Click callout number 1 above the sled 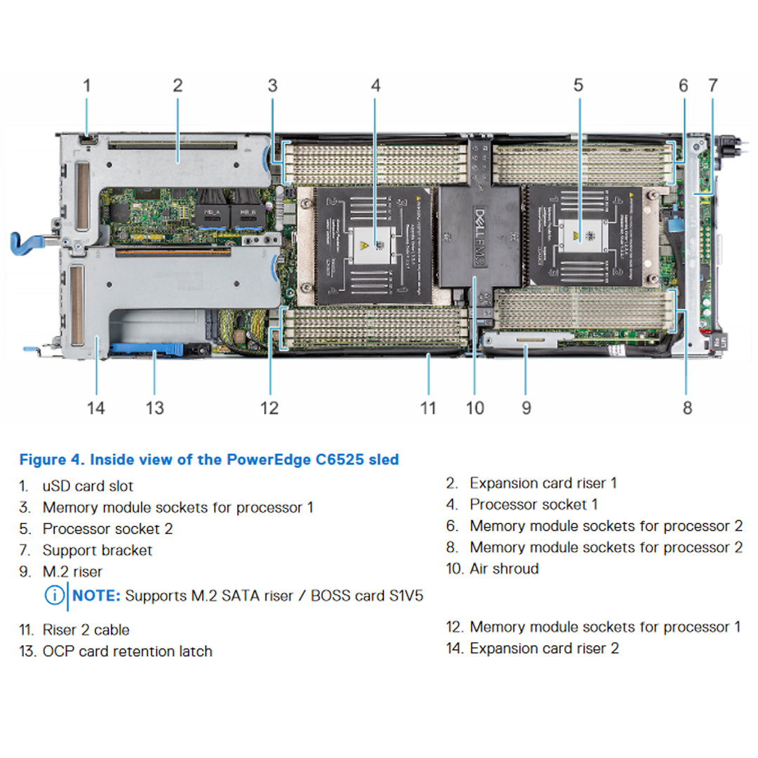click(87, 86)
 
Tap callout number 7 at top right click(713, 86)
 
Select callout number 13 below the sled click(154, 408)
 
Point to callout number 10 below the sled click(475, 408)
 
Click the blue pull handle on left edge click(28, 241)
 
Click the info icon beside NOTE click(54, 596)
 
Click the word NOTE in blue click(97, 596)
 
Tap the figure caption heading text click(209, 460)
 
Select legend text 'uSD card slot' click(88, 486)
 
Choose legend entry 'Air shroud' click(504, 568)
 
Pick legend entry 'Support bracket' click(97, 550)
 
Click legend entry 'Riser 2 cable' click(86, 630)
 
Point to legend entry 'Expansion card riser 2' click(544, 649)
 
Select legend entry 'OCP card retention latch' click(127, 651)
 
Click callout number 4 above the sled click(375, 86)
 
